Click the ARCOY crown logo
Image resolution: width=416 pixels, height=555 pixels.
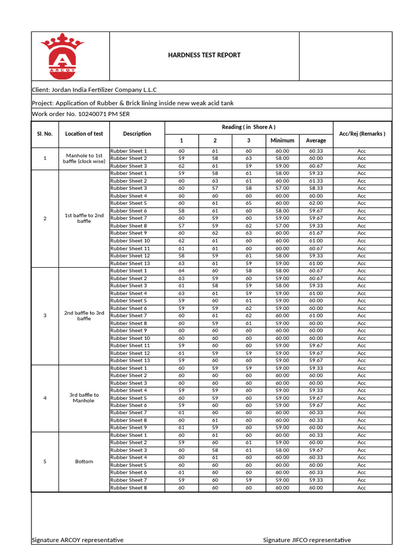pyautogui.click(x=62, y=55)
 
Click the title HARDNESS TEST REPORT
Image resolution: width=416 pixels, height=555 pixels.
pyautogui.click(x=204, y=55)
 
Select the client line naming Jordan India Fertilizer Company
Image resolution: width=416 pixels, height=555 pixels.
pyautogui.click(x=95, y=89)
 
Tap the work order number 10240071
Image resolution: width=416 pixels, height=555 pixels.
pyautogui.click(x=95, y=114)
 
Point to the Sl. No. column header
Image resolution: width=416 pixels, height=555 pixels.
pyautogui.click(x=45, y=133)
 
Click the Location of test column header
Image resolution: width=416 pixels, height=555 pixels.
pyautogui.click(x=84, y=133)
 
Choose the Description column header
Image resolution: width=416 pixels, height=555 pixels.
pyautogui.click(x=137, y=133)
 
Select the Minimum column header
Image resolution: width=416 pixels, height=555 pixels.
pyautogui.click(x=282, y=140)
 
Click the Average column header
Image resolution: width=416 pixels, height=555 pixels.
pyautogui.click(x=316, y=140)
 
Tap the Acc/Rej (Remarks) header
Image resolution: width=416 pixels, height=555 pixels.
pyautogui.click(x=362, y=133)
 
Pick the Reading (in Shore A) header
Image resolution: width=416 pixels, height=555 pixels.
pyautogui.click(x=249, y=127)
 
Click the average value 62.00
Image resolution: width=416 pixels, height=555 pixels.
pyautogui.click(x=316, y=203)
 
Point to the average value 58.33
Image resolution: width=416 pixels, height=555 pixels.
pyautogui.click(x=316, y=188)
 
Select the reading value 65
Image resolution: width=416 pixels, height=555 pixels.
pyautogui.click(x=249, y=203)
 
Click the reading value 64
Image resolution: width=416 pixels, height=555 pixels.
pyautogui.click(x=181, y=270)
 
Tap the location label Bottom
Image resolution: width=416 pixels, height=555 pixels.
pyautogui.click(x=84, y=461)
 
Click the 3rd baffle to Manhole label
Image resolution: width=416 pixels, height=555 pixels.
pyautogui.click(x=84, y=398)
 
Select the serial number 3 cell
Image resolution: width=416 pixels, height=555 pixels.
pyautogui.click(x=45, y=315)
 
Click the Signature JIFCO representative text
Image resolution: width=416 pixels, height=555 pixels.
pyautogui.click(x=307, y=540)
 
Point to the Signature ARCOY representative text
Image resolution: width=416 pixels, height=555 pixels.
pyautogui.click(x=78, y=540)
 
